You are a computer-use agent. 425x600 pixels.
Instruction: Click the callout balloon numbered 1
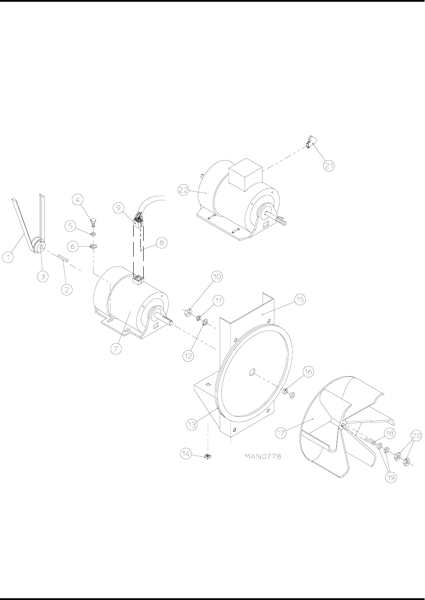click(8, 257)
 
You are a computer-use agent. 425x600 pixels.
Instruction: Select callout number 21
click(329, 166)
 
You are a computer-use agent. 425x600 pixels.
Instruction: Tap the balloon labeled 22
click(183, 190)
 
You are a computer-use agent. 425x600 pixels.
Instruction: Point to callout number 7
click(117, 349)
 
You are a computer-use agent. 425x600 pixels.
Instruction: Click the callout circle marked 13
click(192, 424)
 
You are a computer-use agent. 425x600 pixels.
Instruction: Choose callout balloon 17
click(281, 433)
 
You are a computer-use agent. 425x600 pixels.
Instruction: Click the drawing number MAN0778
click(263, 456)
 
